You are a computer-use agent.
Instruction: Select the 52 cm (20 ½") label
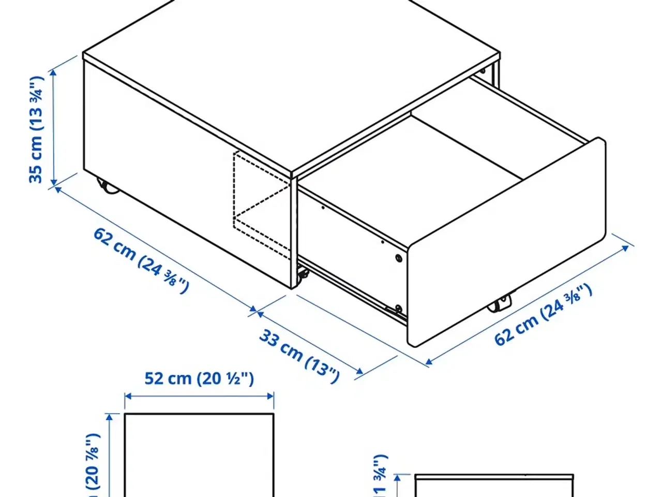click(x=199, y=378)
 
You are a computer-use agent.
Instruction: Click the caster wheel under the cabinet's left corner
click(x=108, y=187)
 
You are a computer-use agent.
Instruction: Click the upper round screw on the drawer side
click(x=398, y=258)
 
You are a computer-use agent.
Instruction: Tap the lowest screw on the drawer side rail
click(x=398, y=310)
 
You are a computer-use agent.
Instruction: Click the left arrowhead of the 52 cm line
click(x=127, y=396)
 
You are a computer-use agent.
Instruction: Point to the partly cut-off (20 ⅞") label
click(x=92, y=463)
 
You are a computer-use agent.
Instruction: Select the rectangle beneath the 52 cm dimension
click(x=199, y=456)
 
